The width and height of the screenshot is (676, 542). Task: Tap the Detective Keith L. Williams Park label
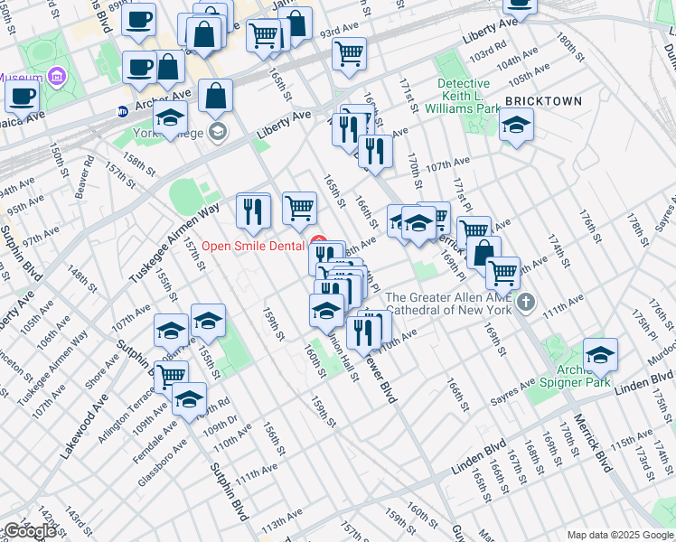(469, 96)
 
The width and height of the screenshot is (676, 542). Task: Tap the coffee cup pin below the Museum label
(23, 95)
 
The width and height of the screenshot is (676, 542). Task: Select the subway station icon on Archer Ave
(122, 112)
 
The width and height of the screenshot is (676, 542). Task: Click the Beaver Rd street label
(87, 178)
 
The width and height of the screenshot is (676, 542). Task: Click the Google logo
(31, 531)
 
